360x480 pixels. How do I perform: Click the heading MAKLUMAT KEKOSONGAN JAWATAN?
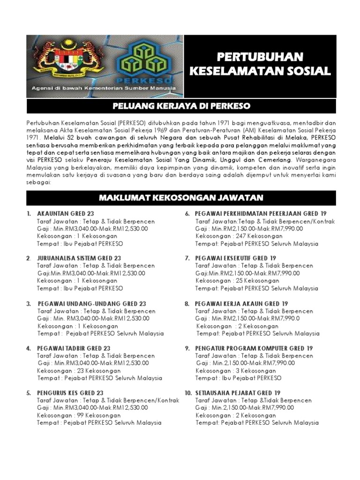pyautogui.click(x=180, y=197)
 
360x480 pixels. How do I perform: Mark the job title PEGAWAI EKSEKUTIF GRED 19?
pyautogui.click(x=235, y=258)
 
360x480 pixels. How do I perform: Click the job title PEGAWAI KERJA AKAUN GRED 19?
pyautogui.click(x=241, y=304)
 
